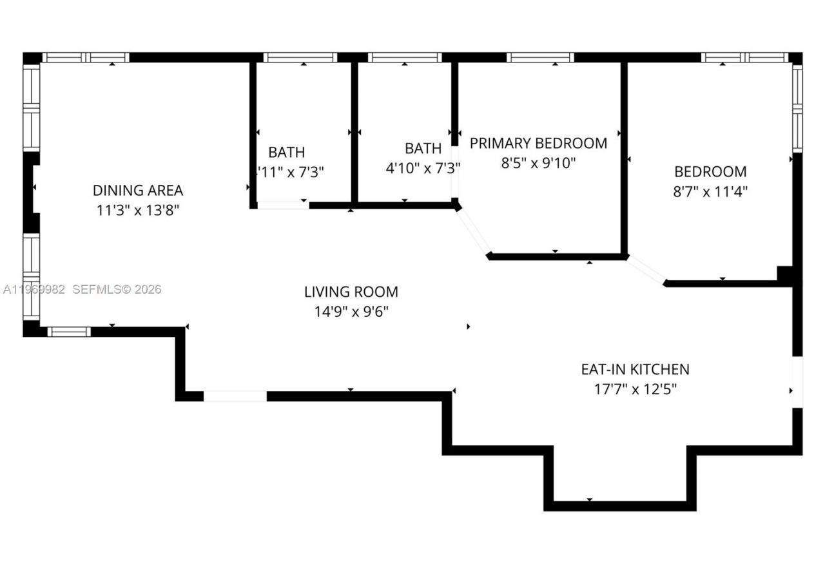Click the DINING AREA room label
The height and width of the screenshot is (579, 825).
[138, 190]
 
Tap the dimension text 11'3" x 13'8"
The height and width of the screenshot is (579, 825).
[138, 210]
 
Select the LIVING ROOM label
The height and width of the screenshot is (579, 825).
[351, 292]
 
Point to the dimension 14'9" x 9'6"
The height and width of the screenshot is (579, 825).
[351, 312]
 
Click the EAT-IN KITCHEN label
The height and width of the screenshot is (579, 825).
[635, 369]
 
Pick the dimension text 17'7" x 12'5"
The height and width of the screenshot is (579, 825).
[635, 389]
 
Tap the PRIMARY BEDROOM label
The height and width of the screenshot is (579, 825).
[538, 143]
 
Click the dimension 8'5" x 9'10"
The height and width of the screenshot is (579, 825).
[538, 163]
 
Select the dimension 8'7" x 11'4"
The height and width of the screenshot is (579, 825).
[710, 191]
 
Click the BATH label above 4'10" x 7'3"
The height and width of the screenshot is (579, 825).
[423, 148]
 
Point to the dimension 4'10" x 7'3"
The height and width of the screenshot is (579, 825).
[423, 168]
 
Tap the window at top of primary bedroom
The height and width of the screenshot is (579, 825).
[540, 57]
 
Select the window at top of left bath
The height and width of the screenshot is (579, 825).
[300, 57]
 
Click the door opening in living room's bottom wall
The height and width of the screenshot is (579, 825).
[235, 396]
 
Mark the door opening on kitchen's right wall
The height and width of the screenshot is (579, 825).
[797, 382]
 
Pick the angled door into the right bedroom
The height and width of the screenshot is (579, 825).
[646, 269]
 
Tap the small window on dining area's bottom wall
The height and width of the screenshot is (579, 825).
[69, 332]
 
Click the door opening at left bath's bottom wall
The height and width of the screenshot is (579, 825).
[282, 205]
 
